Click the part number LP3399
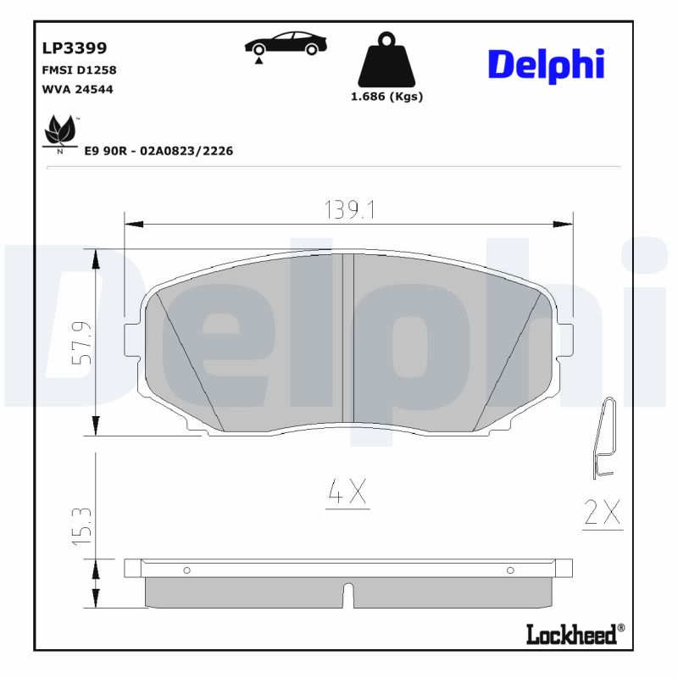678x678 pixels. pos(74,49)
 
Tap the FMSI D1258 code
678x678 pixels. pos(78,70)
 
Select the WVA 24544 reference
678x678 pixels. pos(77,89)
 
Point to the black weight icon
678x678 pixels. pos(386,59)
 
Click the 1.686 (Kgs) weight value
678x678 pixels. pos(386,97)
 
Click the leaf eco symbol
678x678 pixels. pos(59,132)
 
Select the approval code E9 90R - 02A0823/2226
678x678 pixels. pos(158,151)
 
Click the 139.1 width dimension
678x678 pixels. pos(350,209)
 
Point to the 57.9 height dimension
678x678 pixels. pos(81,342)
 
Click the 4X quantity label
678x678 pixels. pos(347,493)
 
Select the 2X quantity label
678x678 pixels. pos(603,513)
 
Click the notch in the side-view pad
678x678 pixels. pos(347,593)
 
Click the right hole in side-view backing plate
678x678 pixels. pos(510,570)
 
